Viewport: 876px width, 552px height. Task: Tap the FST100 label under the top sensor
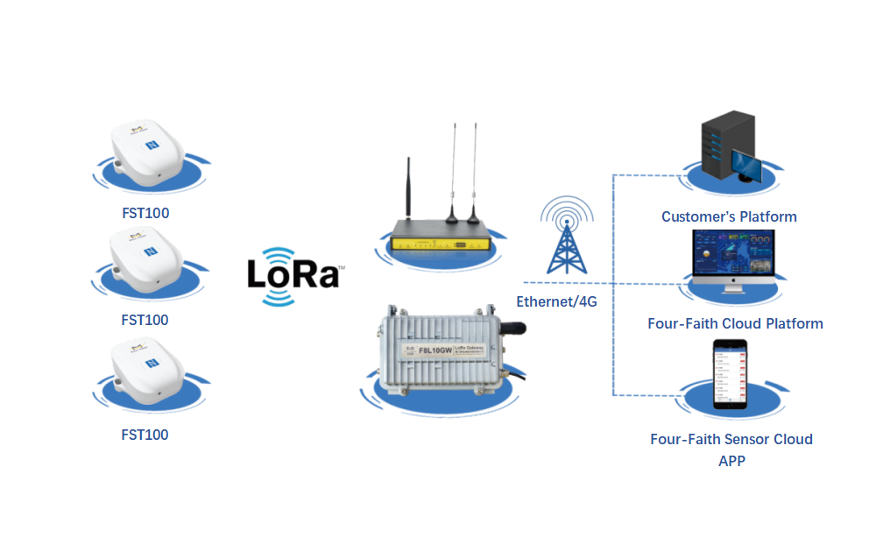coord(145,213)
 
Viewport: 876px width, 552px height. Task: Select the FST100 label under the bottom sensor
coord(145,435)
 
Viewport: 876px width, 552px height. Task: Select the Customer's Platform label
coord(729,216)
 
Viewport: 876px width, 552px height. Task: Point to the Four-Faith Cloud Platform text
coord(735,323)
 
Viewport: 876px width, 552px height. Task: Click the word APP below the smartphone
coord(731,460)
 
